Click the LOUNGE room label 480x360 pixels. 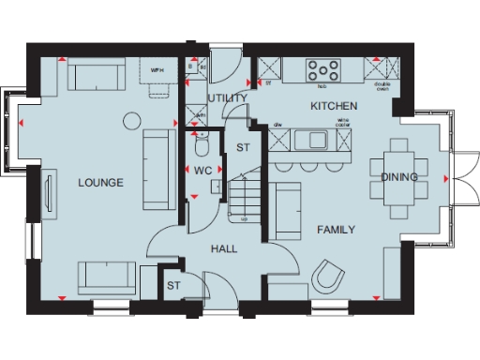[101, 183]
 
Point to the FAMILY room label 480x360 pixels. [336, 230]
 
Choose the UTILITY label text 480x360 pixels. [227, 97]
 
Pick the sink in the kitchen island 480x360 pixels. [312, 141]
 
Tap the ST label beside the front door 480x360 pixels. [173, 285]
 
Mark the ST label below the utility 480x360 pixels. [243, 148]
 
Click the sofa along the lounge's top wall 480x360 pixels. [94, 74]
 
